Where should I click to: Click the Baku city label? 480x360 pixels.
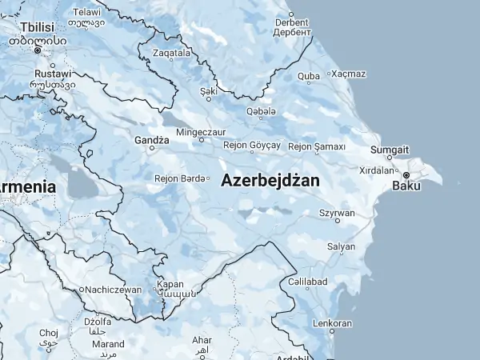coord(406,187)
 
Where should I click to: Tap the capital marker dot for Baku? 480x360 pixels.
coord(406,174)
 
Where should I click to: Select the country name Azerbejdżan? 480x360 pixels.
coord(270,181)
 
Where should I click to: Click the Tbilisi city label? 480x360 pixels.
coord(37,26)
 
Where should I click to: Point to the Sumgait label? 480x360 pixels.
coord(390,150)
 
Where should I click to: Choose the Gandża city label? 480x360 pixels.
coord(151,139)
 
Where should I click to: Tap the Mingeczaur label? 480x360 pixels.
coord(201,131)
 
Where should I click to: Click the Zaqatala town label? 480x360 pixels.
coord(172,54)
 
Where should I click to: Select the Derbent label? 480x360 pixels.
coord(291,22)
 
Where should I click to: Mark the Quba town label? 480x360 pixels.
coord(309,77)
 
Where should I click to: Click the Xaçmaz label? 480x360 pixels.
coord(349,74)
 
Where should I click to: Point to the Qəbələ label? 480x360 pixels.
coord(261,110)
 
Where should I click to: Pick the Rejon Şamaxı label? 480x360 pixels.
coord(316,146)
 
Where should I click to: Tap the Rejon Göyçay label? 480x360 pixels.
coord(252,146)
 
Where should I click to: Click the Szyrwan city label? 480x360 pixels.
coord(337,214)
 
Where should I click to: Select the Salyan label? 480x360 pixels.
coord(341,246)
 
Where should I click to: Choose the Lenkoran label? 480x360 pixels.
coord(332,323)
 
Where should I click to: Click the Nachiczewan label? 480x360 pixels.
coord(114,290)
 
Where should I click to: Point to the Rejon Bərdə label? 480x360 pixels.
coord(180,178)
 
